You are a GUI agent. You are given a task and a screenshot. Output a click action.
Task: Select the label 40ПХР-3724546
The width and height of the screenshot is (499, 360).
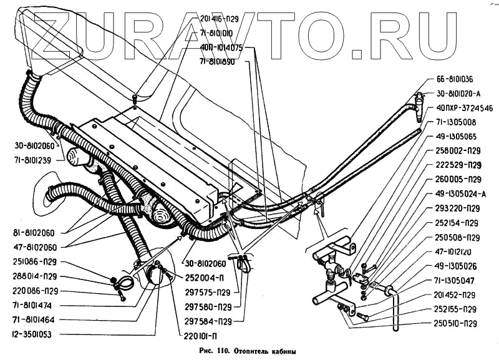click(x=460, y=108)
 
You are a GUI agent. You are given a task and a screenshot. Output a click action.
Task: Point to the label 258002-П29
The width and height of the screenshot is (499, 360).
click(x=454, y=151)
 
